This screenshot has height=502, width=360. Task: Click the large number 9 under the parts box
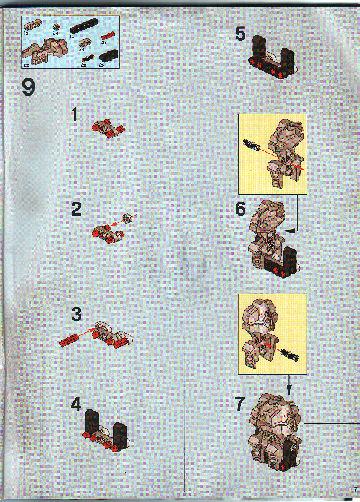point(28,88)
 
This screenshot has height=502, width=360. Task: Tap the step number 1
point(75,115)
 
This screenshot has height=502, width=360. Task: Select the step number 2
point(76,210)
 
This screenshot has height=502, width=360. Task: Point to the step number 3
point(76,314)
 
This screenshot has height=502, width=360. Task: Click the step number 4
point(75,405)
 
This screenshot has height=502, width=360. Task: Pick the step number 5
point(241,35)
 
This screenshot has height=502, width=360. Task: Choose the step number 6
point(241,210)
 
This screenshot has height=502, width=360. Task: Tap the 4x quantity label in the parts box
point(104,43)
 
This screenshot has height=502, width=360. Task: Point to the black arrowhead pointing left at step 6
point(288,231)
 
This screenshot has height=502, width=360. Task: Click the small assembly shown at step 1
point(108,125)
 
